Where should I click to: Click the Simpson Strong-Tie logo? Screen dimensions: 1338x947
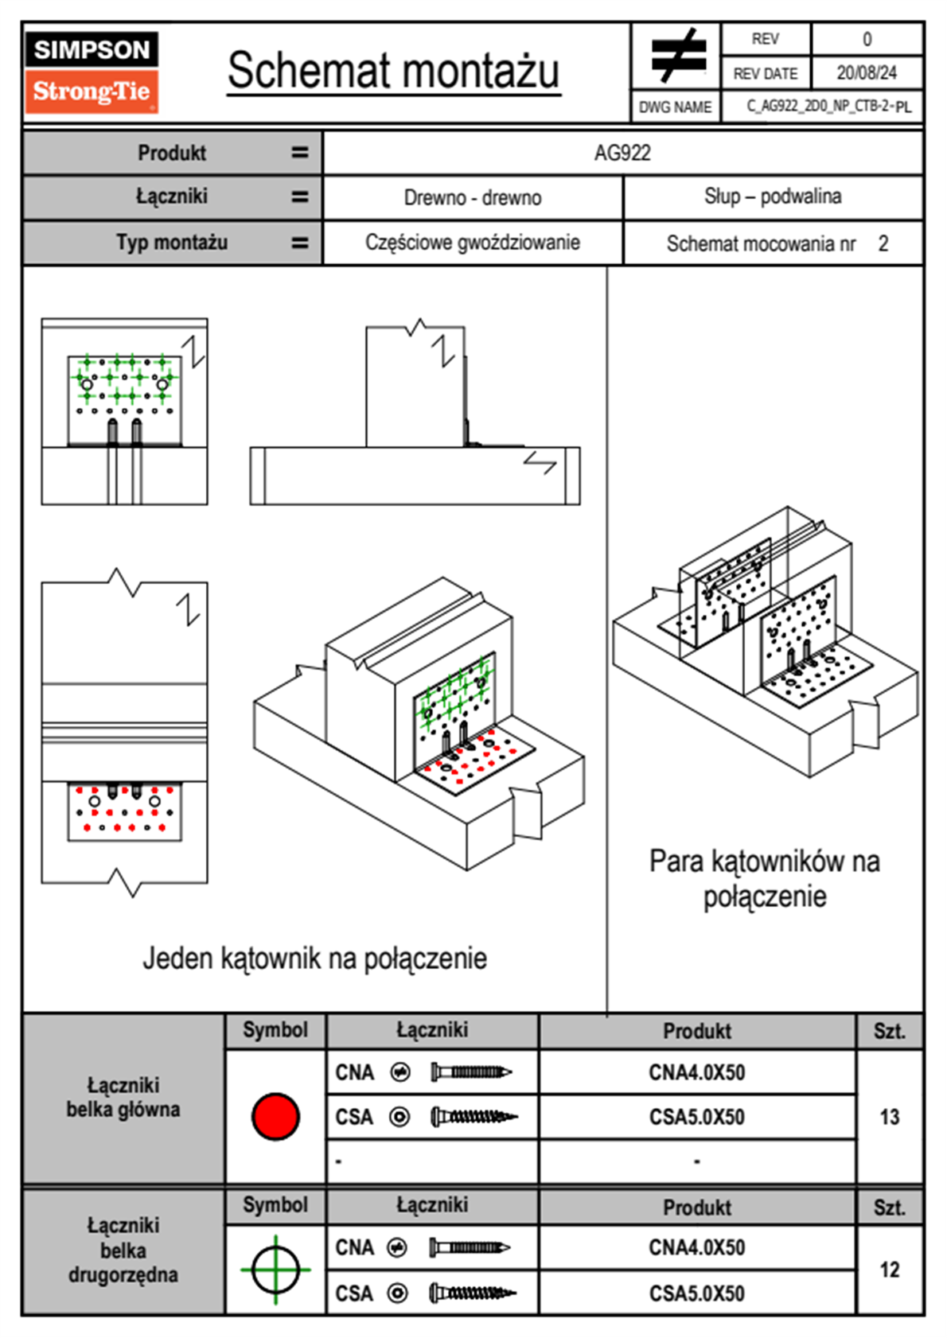[x=92, y=72]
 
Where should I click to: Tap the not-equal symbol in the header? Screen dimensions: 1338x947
[x=678, y=56]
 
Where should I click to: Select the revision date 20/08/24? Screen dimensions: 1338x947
[x=866, y=73]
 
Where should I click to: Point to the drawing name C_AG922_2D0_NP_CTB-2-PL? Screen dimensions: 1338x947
[x=828, y=107]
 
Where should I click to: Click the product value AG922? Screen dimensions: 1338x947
[x=622, y=153]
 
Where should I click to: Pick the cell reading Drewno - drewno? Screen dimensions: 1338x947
[x=473, y=197]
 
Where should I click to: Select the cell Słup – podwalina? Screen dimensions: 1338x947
[x=772, y=196]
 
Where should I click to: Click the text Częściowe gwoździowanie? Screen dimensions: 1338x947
[x=473, y=243]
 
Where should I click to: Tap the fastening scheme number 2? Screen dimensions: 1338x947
[x=883, y=243]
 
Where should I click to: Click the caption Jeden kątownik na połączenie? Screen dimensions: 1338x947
[x=314, y=959]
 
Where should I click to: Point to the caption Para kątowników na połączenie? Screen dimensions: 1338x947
[x=764, y=879]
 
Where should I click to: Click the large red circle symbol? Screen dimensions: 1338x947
[x=275, y=1116]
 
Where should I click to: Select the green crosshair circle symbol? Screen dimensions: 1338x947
[x=275, y=1270]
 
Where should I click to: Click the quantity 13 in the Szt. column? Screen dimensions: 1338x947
[x=889, y=1117]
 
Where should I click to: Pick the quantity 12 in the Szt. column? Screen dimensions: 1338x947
[x=889, y=1270]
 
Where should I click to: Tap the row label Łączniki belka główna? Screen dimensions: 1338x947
[x=123, y=1098]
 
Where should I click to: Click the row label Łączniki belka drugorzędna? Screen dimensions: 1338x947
[x=123, y=1250]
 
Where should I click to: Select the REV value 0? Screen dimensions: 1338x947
[x=867, y=39]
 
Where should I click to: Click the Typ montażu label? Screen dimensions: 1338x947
[x=172, y=243]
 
